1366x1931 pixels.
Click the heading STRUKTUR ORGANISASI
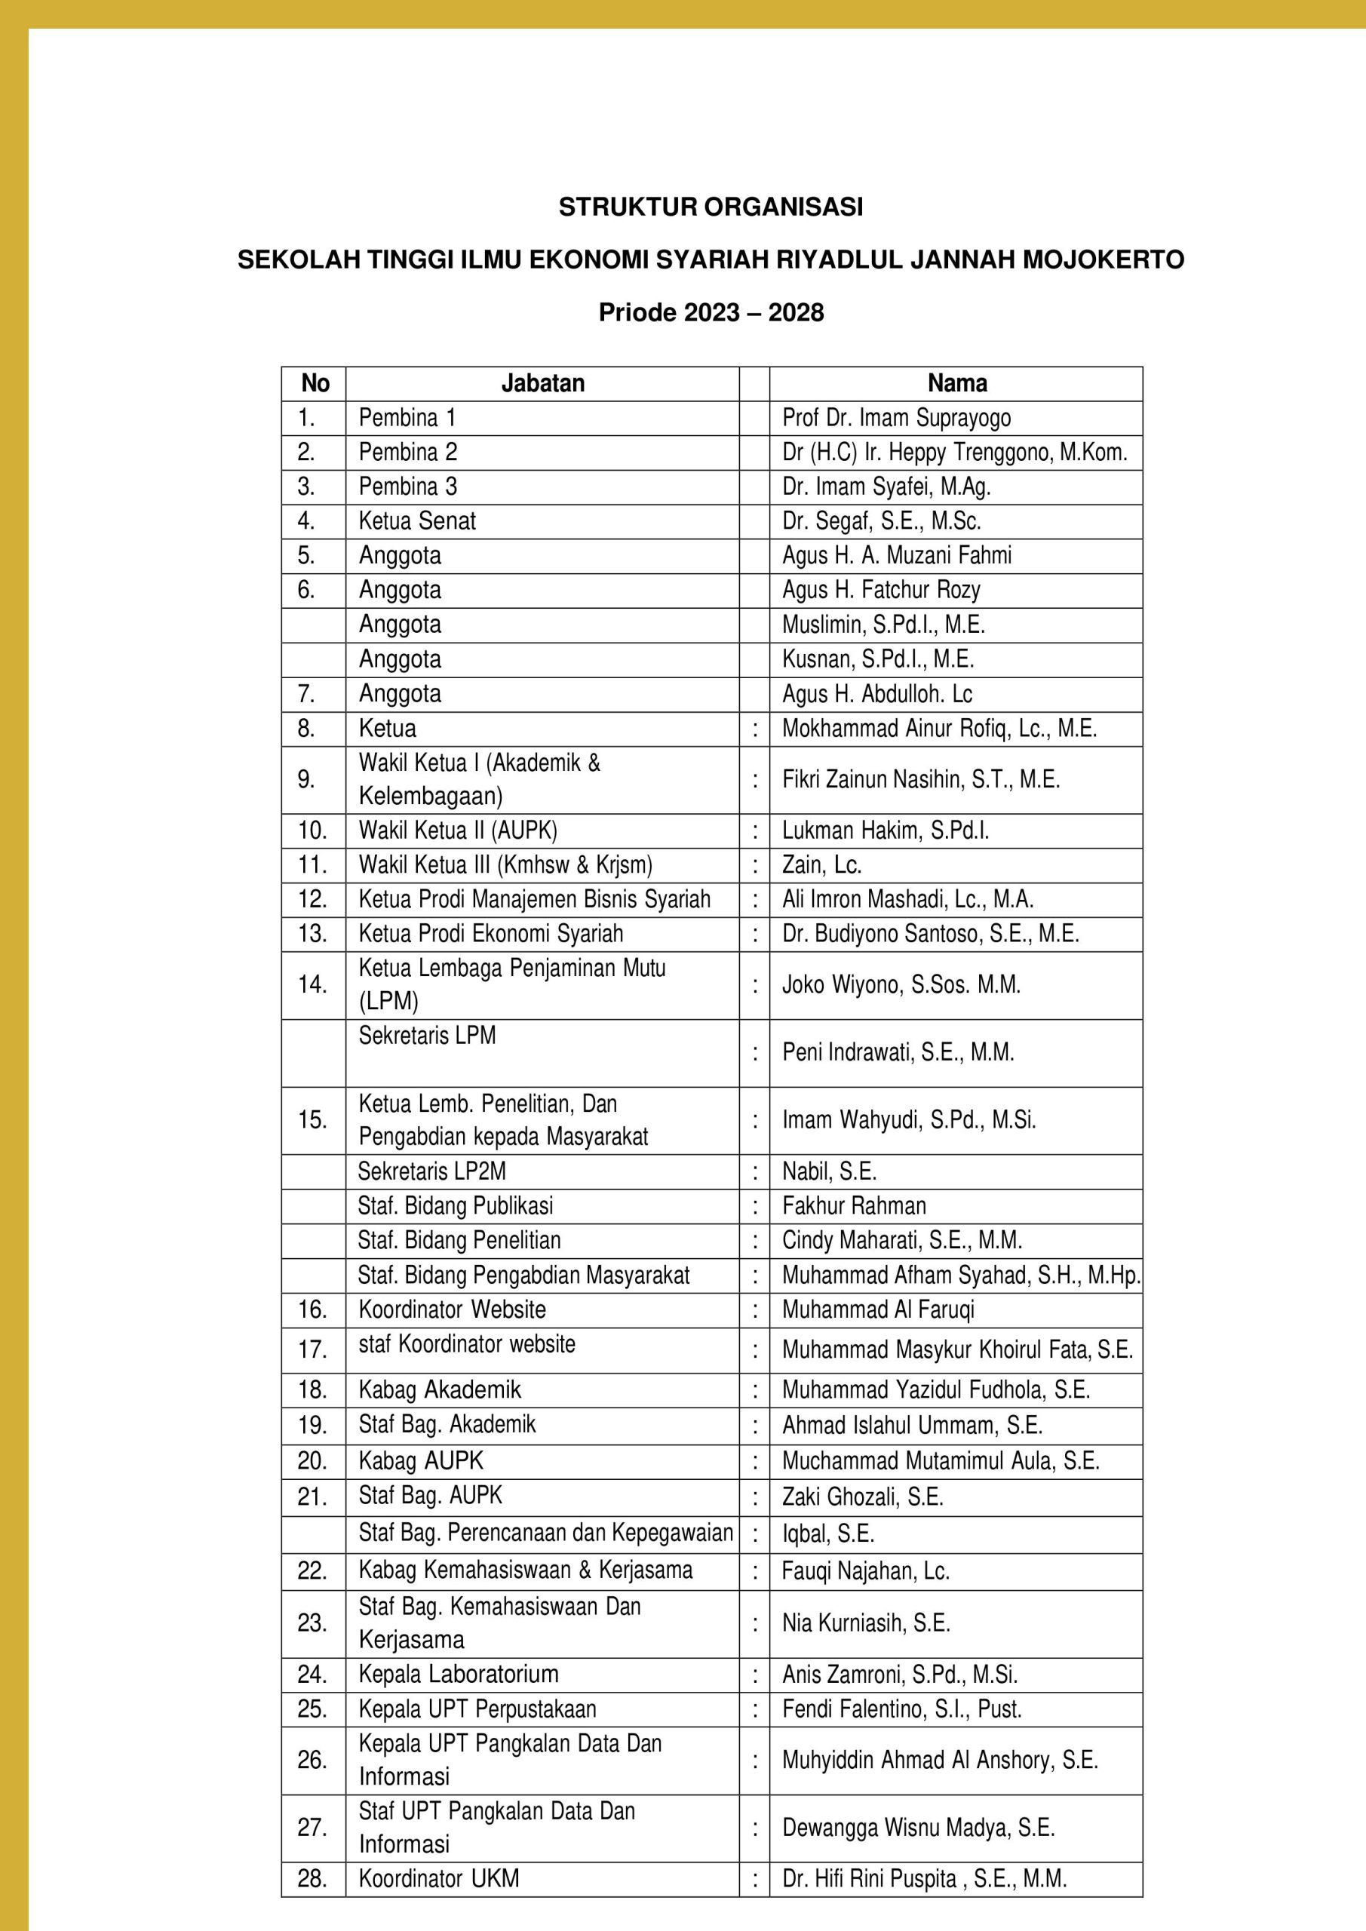(711, 207)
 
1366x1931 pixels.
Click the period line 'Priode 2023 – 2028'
(711, 313)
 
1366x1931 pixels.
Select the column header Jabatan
(542, 383)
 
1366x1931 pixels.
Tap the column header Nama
(956, 383)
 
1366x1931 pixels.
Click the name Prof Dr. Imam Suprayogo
(897, 418)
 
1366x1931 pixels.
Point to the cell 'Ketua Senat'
(417, 521)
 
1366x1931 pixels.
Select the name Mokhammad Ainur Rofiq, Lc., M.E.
(940, 729)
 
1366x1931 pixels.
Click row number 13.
(312, 934)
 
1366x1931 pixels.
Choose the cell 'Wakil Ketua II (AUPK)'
(458, 831)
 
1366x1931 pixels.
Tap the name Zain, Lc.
(821, 865)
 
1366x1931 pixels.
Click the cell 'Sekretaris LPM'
(427, 1036)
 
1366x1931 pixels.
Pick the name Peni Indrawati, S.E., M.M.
(898, 1053)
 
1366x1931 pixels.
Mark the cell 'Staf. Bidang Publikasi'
(455, 1206)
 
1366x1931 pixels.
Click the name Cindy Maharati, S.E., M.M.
(901, 1241)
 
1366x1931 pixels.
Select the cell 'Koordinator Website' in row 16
(452, 1309)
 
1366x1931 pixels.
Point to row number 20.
(312, 1461)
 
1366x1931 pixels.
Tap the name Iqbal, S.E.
(827, 1534)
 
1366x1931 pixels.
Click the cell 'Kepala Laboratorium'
(459, 1675)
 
